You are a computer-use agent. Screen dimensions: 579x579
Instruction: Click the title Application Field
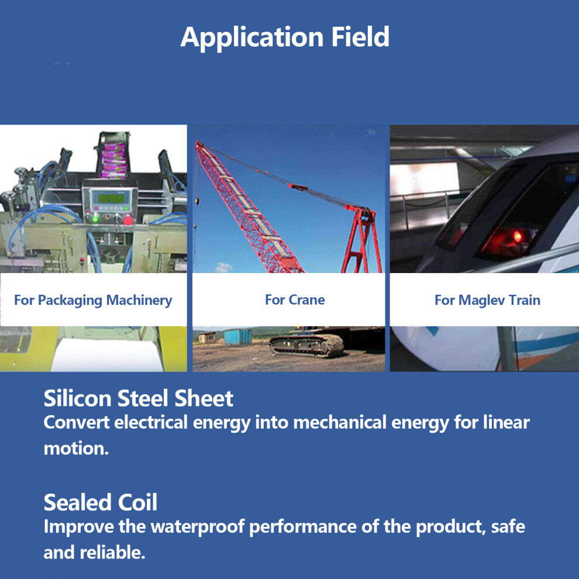[285, 37]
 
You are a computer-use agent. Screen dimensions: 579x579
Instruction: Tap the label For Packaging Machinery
[93, 300]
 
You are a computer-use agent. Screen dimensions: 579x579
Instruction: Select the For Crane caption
[295, 300]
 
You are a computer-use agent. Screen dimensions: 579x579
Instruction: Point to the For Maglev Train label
[487, 300]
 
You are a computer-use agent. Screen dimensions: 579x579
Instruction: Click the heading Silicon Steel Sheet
[139, 398]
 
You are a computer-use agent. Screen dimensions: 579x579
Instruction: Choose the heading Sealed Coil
[101, 502]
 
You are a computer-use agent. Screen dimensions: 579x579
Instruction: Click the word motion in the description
[76, 448]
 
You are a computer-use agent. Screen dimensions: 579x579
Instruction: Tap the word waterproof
[198, 526]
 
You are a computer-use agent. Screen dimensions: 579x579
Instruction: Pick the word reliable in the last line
[113, 553]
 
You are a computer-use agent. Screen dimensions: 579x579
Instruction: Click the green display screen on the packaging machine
[111, 198]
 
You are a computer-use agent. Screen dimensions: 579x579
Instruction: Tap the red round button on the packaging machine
[127, 220]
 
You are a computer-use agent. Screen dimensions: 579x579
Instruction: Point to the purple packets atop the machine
[113, 160]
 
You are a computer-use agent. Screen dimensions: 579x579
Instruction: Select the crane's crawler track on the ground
[306, 346]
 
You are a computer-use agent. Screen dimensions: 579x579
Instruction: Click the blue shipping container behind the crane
[238, 336]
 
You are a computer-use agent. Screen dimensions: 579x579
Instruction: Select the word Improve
[78, 527]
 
